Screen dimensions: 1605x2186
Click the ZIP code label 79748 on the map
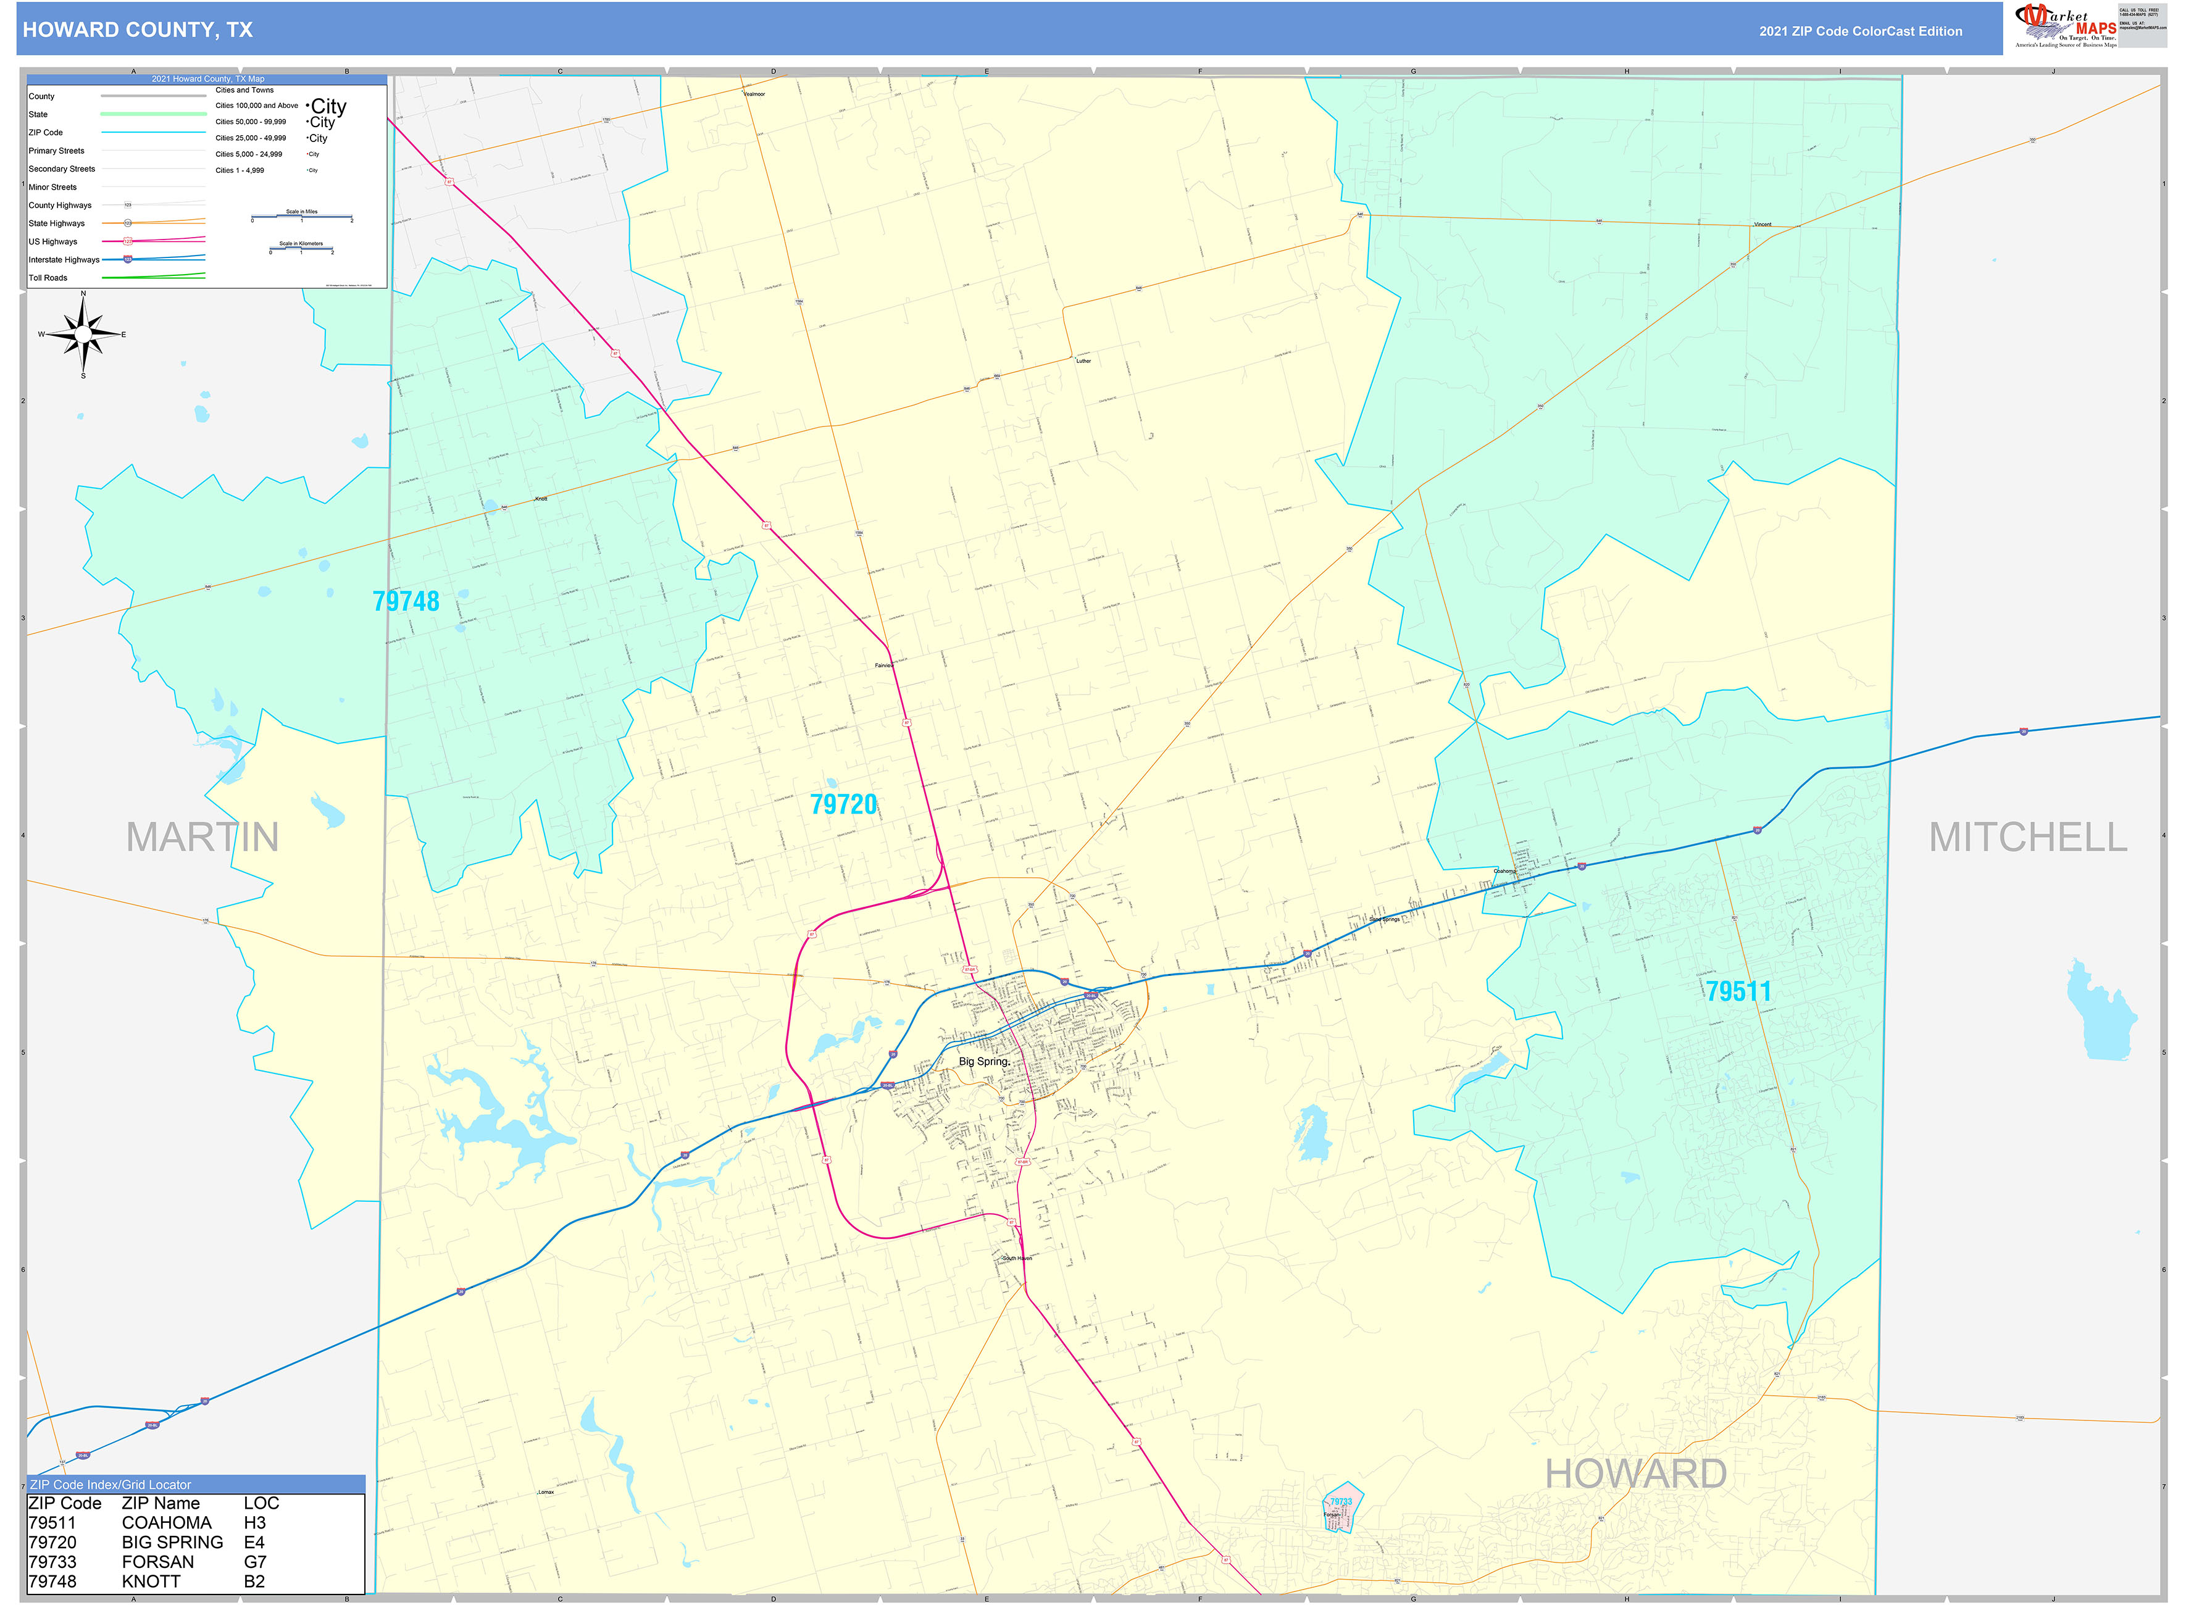click(x=406, y=601)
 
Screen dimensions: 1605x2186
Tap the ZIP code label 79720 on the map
click(x=843, y=804)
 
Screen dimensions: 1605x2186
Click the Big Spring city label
click(x=983, y=1061)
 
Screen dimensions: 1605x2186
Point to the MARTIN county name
click(x=202, y=836)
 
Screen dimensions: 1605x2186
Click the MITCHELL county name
click(x=2027, y=836)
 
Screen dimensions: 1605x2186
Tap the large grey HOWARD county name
click(x=1636, y=1474)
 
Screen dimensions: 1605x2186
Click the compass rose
click(x=83, y=334)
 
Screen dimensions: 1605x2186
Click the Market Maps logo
click(x=2066, y=26)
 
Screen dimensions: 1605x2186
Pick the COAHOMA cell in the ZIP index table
click(x=166, y=1522)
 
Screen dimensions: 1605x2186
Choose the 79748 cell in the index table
click(x=52, y=1581)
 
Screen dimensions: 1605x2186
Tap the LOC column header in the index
click(x=261, y=1503)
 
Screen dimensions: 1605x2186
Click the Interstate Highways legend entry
click(x=64, y=259)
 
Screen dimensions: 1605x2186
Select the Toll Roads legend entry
click(x=49, y=278)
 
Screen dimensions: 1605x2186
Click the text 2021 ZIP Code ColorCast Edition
click(x=1861, y=31)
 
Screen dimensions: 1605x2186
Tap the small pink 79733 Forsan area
click(x=1341, y=1509)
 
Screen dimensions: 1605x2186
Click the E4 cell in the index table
click(x=254, y=1542)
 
